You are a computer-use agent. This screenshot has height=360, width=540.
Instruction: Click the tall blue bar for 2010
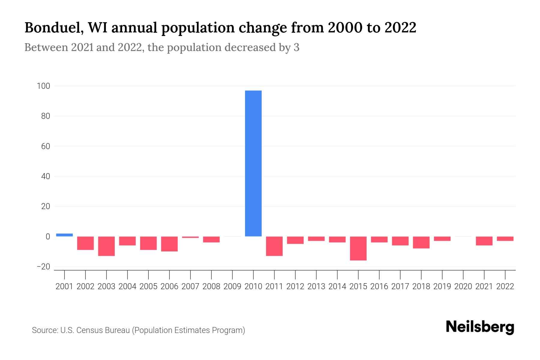[x=253, y=163]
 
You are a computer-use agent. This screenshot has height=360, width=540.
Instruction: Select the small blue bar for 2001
[x=64, y=235]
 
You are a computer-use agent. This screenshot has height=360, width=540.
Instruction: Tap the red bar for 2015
[x=358, y=248]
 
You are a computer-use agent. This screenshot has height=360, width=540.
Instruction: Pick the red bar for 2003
[x=106, y=246]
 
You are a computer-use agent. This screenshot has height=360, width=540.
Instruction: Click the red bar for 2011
[x=274, y=246]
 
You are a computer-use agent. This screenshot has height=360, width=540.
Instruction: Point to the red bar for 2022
[x=505, y=239]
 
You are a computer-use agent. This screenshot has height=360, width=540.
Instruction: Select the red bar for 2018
[x=421, y=242]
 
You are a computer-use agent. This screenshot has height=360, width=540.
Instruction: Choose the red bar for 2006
[x=169, y=244]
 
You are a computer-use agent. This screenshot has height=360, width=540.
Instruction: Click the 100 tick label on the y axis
[x=43, y=86]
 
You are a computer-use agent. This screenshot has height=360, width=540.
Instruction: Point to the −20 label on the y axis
[x=43, y=267]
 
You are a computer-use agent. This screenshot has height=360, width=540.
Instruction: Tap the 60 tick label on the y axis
[x=45, y=146]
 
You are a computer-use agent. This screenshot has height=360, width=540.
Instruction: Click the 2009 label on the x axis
[x=232, y=286]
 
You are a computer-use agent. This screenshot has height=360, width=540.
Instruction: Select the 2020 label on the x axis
[x=463, y=286]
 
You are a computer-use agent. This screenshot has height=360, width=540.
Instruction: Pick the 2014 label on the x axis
[x=337, y=286]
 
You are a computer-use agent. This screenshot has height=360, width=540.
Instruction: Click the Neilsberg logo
[x=480, y=327]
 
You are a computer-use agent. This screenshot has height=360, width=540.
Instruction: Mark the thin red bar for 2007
[x=190, y=237]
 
